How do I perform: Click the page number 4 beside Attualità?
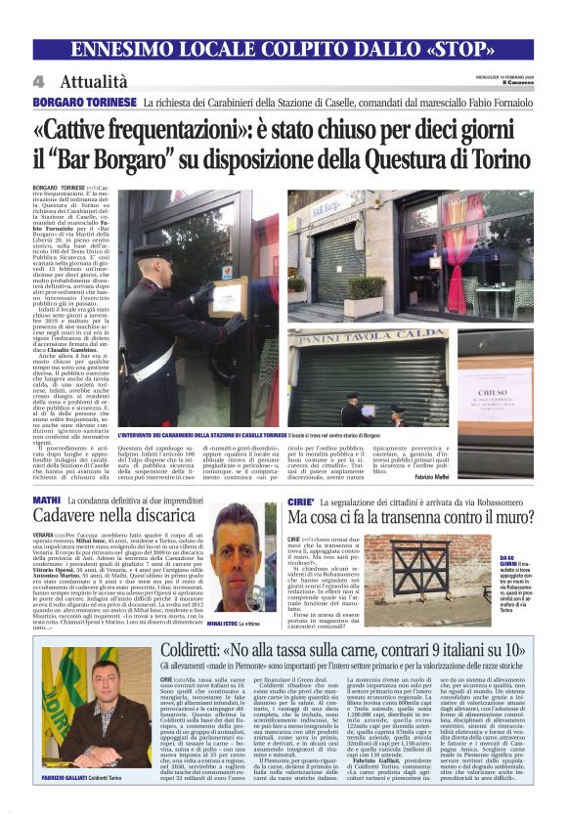pyautogui.click(x=38, y=81)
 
